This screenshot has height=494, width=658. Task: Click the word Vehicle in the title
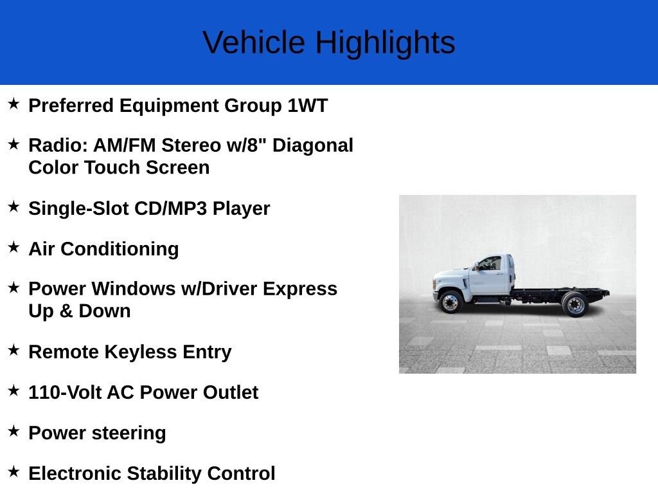click(254, 42)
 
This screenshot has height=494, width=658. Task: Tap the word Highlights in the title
click(386, 43)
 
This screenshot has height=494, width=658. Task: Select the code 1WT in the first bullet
click(307, 105)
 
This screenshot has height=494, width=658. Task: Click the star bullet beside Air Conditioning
click(14, 247)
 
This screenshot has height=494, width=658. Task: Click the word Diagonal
click(313, 145)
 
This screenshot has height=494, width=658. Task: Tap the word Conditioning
click(120, 249)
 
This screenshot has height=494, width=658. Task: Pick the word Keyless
click(141, 352)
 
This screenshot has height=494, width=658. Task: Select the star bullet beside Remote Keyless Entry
click(14, 350)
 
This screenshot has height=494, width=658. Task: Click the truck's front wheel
click(450, 302)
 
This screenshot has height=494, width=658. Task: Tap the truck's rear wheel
click(575, 305)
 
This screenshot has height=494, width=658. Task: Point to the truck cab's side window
click(491, 264)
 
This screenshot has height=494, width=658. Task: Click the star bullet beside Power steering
click(14, 431)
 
